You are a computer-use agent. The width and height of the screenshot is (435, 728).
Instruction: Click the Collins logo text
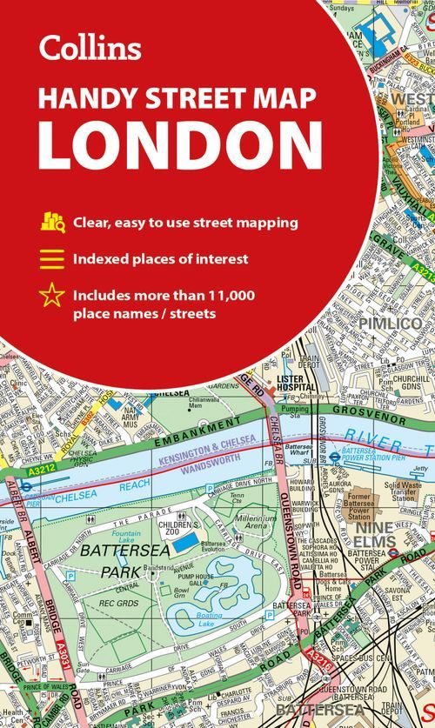[90, 48]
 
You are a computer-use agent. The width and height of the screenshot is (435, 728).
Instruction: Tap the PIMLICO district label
[372, 323]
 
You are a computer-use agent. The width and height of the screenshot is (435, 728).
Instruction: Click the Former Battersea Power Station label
[358, 504]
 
